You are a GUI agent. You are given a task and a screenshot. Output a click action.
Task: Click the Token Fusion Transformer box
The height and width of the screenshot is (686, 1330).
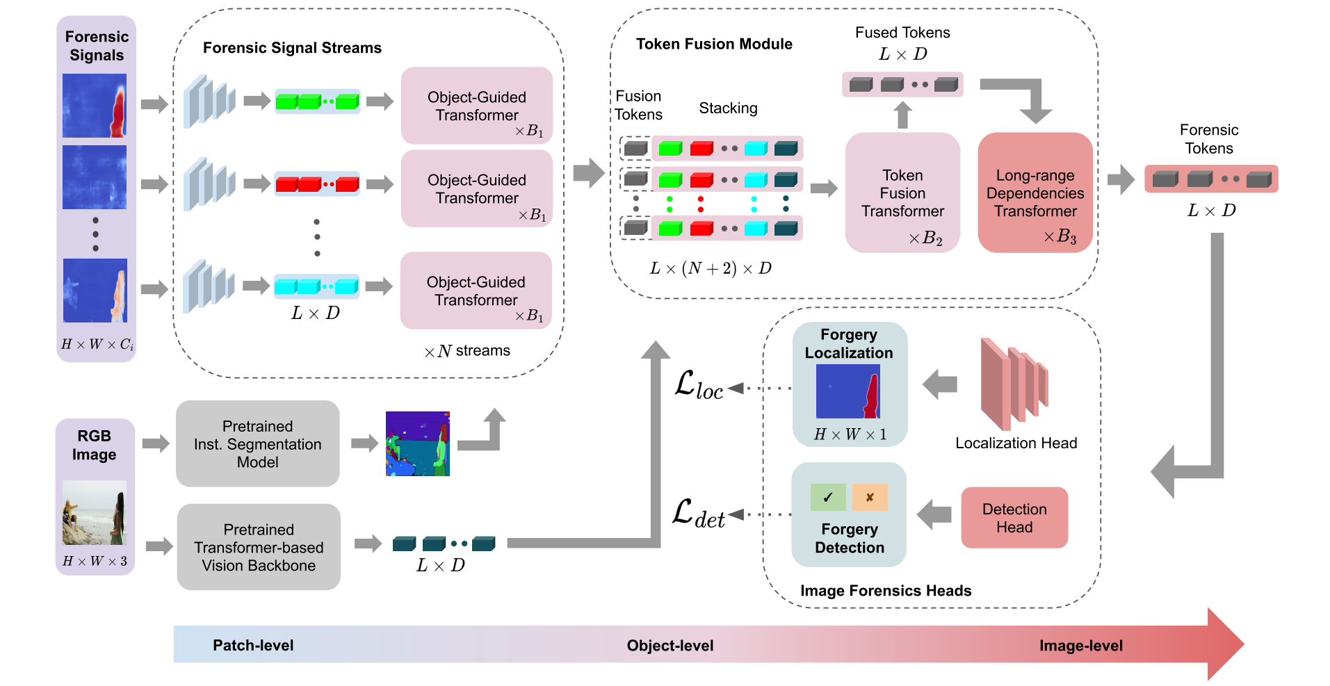click(902, 193)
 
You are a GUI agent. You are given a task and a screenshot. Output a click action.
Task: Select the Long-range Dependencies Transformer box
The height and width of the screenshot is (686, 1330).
click(1035, 193)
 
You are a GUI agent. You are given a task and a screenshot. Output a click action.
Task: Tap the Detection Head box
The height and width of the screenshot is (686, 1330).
click(1014, 518)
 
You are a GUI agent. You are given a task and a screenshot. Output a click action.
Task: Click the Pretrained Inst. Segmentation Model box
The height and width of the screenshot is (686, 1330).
click(257, 443)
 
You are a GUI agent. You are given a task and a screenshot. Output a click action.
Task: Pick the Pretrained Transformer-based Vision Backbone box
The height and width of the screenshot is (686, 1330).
click(259, 547)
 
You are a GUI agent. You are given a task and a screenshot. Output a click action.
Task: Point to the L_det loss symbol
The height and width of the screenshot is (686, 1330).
click(698, 514)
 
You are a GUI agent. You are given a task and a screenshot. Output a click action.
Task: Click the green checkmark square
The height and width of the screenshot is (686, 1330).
click(828, 497)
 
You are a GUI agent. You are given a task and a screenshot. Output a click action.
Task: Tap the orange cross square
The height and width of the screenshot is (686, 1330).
click(870, 497)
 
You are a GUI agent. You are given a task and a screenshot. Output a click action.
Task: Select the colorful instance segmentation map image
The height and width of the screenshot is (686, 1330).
click(418, 443)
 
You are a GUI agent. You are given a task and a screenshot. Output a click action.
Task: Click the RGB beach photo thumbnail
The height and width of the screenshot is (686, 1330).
click(95, 512)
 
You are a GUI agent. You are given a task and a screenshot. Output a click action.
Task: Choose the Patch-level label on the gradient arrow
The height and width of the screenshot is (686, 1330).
click(253, 645)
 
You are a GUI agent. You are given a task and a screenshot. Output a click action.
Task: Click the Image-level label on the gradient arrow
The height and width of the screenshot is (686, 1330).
click(1080, 646)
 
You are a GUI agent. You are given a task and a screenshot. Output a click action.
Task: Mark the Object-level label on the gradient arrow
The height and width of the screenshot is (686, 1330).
click(670, 646)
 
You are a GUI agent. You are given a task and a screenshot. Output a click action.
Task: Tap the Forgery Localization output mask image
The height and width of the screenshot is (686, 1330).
click(848, 391)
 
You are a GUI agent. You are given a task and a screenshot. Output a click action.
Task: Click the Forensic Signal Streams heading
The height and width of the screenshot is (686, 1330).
click(292, 48)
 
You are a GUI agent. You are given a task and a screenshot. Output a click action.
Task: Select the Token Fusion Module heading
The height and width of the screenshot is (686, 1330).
click(714, 44)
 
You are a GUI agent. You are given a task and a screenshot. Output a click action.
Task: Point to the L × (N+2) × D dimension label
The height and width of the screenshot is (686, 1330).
click(711, 268)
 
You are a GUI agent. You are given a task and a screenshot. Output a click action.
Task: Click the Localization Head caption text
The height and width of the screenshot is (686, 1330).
click(1016, 443)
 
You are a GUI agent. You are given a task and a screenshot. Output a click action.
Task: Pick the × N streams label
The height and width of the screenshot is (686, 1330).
click(467, 351)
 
